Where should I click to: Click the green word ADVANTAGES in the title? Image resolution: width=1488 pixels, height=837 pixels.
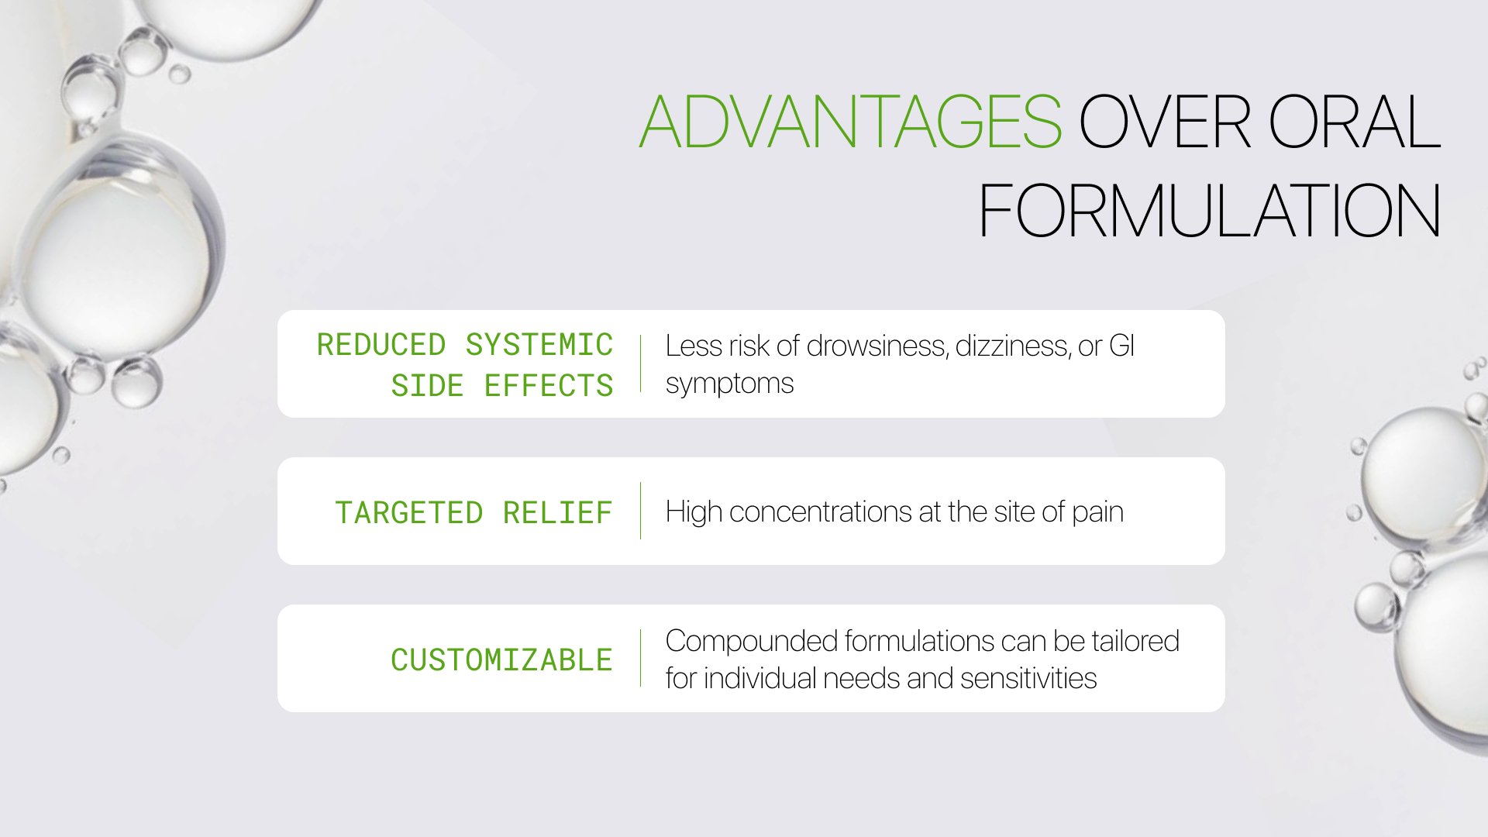(850, 122)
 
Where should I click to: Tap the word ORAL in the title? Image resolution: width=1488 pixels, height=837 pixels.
(1354, 122)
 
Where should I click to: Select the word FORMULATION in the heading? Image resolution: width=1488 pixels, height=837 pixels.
(1209, 211)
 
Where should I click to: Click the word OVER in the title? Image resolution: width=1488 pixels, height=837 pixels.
(1164, 122)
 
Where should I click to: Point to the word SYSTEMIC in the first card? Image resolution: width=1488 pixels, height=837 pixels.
(539, 345)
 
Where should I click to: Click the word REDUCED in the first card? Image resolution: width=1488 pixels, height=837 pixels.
(381, 345)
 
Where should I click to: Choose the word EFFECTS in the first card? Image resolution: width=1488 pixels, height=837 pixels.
(549, 386)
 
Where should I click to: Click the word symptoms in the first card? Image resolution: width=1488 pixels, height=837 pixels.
(729, 384)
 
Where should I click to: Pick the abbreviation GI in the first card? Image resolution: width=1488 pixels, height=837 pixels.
(1121, 346)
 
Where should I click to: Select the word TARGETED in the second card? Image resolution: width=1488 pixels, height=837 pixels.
(409, 513)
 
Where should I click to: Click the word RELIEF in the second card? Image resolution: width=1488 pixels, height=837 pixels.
(558, 513)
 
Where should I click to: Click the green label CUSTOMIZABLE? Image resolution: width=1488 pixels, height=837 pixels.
(501, 660)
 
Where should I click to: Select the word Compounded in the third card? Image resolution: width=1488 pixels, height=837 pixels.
(751, 642)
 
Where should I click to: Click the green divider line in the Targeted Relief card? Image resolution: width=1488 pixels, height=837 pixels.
(641, 511)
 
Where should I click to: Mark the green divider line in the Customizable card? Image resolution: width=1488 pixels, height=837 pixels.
(641, 658)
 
